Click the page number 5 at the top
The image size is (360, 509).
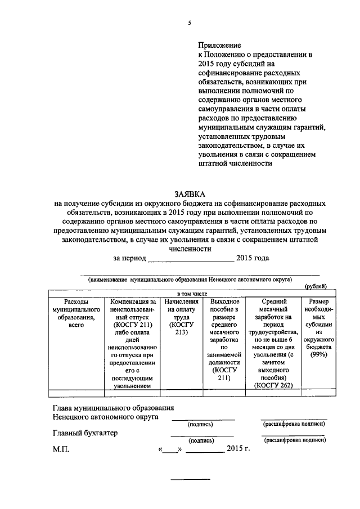click(x=190, y=22)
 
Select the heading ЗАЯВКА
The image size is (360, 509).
click(x=190, y=192)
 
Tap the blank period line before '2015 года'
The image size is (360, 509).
click(x=191, y=259)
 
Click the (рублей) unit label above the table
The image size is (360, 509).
click(x=315, y=286)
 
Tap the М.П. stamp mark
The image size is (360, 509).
click(x=59, y=449)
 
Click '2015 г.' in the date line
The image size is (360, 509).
click(x=238, y=449)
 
